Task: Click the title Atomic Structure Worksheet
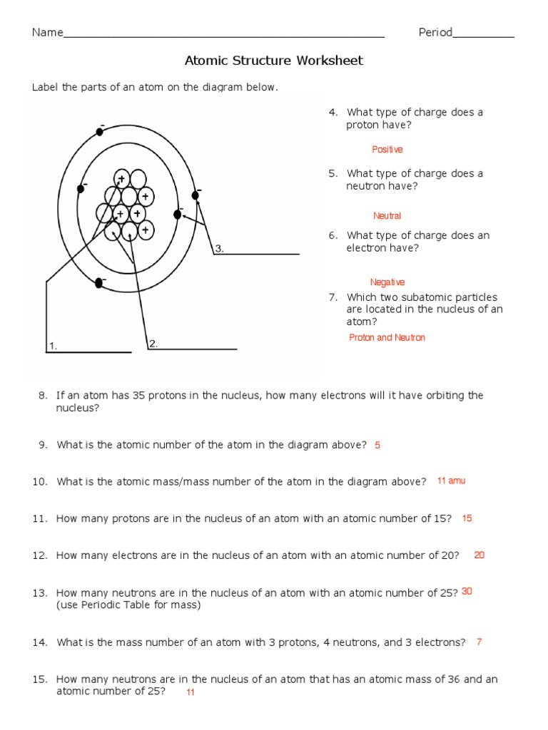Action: (274, 61)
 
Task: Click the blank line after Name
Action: (224, 35)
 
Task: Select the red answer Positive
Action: (387, 150)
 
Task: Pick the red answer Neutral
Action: (387, 216)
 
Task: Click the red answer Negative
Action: (387, 282)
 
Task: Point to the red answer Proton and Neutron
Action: (387, 338)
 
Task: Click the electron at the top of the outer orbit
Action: (99, 133)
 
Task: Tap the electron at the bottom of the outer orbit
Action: (99, 284)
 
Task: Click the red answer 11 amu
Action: (451, 481)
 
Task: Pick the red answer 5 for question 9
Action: (377, 445)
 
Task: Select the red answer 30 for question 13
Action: (467, 592)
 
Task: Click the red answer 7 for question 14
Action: (479, 642)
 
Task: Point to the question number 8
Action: (43, 396)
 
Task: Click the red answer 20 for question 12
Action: (479, 555)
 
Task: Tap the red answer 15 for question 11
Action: (467, 518)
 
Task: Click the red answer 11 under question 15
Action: (191, 692)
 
